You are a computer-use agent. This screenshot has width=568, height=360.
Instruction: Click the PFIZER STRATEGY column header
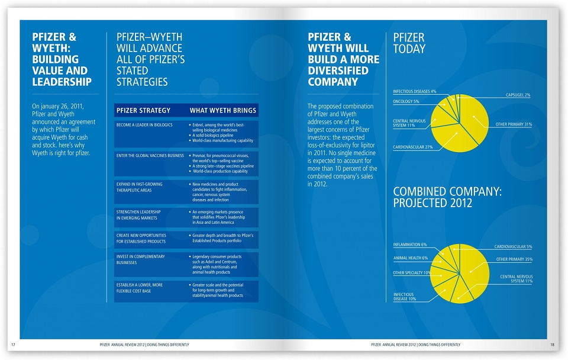tap(143, 110)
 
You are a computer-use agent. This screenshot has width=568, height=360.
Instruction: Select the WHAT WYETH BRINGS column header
tap(223, 110)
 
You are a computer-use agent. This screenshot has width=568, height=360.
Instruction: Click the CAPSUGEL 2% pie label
tap(518, 95)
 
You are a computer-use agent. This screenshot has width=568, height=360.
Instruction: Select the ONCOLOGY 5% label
tap(406, 101)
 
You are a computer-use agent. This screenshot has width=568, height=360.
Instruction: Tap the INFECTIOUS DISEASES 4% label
tap(414, 91)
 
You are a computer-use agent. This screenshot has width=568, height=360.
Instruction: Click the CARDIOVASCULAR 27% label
tap(412, 147)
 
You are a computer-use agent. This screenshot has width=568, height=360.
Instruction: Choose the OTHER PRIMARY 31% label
tap(514, 124)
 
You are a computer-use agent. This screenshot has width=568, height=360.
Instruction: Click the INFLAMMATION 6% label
tap(409, 245)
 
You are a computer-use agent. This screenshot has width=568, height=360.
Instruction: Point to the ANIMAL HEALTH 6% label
tap(411, 258)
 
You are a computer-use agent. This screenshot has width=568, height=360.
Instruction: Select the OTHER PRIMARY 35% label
tap(514, 259)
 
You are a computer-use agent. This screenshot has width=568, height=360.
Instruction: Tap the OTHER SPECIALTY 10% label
tap(412, 272)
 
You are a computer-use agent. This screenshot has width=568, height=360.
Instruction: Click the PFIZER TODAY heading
tap(409, 43)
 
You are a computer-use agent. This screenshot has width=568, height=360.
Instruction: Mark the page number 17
tap(14, 345)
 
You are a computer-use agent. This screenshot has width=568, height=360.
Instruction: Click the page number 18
tap(552, 345)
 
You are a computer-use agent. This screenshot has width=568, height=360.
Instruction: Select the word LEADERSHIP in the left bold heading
tap(62, 82)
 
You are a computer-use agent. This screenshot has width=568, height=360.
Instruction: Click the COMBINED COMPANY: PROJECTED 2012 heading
tap(447, 197)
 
